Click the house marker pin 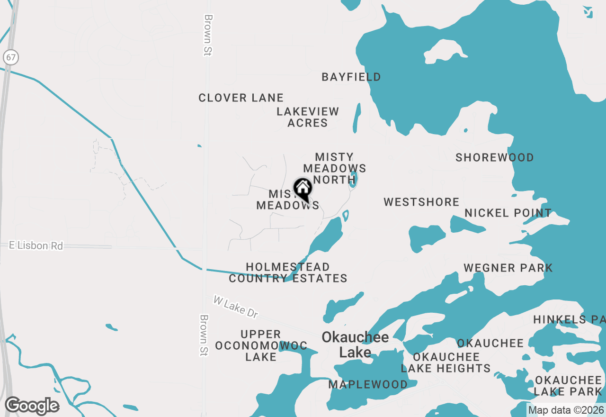coord(303,190)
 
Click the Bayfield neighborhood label coord(351,77)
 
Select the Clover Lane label coord(241,98)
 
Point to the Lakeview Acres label coord(308,117)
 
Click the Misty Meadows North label coord(335,168)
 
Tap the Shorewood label coord(495,157)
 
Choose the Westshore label coord(421,202)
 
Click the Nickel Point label coord(508,213)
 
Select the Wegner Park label coord(508,268)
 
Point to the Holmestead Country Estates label coord(288,273)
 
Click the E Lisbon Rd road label coord(36,245)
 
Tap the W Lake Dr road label coord(236,307)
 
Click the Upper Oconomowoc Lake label coord(261,345)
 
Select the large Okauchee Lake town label coord(355,344)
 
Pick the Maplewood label coord(368,384)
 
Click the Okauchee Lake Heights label coord(446,363)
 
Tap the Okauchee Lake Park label coord(568,386)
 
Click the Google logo coord(32,406)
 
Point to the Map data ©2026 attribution coord(566,410)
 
